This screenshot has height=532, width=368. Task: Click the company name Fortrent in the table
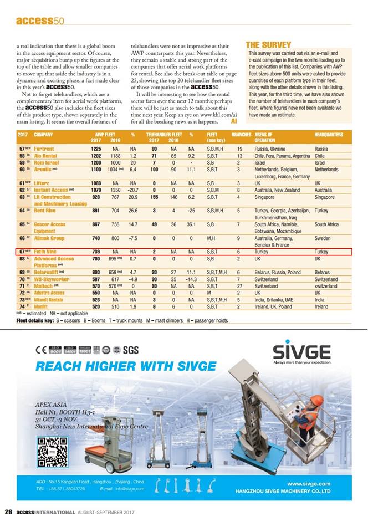[x=44, y=149]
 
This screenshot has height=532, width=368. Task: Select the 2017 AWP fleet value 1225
[x=96, y=149]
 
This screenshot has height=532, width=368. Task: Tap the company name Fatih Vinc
[x=47, y=252]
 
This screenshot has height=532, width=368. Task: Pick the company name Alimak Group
[x=49, y=238]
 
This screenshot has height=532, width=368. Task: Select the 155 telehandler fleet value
[x=154, y=197]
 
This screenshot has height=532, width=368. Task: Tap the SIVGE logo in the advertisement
[x=301, y=352]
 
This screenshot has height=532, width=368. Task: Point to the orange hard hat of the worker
[x=316, y=400]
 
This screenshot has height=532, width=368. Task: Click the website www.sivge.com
[x=309, y=484]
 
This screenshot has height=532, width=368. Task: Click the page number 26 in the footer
[x=8, y=511]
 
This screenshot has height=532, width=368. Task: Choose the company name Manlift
[x=43, y=306]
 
